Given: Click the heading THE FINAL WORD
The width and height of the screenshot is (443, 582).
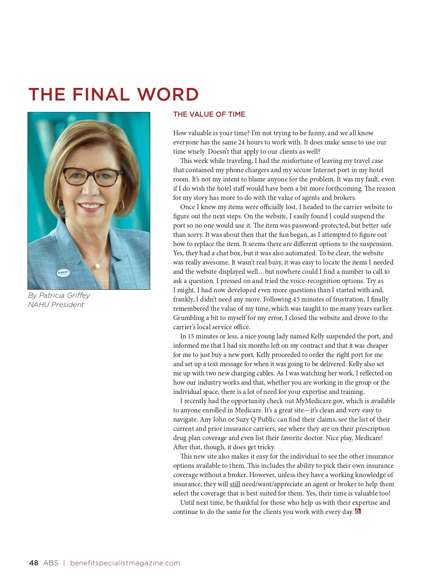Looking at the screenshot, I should click(x=113, y=95).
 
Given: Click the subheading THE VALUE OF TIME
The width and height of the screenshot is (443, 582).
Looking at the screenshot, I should click(x=209, y=115).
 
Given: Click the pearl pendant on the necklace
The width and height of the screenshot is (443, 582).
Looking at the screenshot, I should click(x=98, y=266).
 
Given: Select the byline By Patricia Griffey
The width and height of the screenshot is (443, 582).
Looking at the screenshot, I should click(x=59, y=296).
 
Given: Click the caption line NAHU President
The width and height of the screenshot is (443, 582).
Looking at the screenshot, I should click(x=56, y=305).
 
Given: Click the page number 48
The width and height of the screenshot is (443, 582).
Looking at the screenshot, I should click(x=34, y=563).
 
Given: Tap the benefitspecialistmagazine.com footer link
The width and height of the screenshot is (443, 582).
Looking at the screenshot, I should click(x=125, y=563).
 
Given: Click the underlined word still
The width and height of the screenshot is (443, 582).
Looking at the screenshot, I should click(x=235, y=484).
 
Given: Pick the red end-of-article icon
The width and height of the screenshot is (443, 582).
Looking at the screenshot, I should click(x=357, y=512).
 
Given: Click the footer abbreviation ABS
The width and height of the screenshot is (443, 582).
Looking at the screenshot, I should click(x=51, y=563).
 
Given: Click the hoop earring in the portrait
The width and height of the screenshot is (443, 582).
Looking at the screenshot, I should click(x=120, y=204).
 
